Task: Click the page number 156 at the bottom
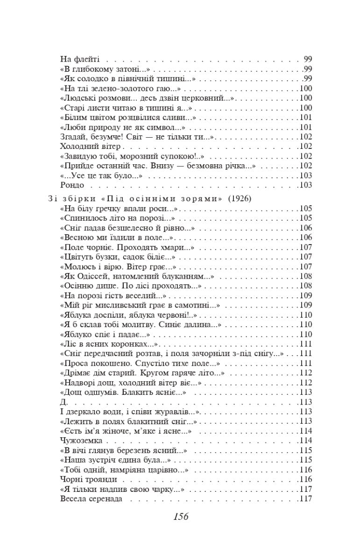(x=180, y=517)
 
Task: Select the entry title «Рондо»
(x=72, y=185)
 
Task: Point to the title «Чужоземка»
(x=82, y=440)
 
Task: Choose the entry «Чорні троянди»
(x=89, y=479)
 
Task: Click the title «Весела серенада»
(x=91, y=499)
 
